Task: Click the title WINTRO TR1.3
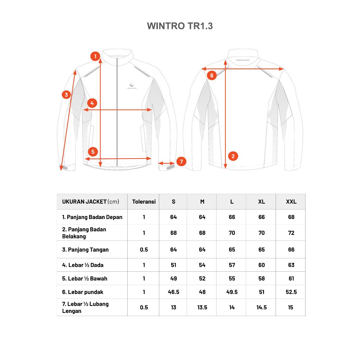pyautogui.click(x=180, y=26)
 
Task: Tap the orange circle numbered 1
pyautogui.click(x=95, y=56)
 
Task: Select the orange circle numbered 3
pyautogui.click(x=66, y=95)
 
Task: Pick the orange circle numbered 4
pyautogui.click(x=92, y=103)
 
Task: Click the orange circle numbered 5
pyautogui.click(x=93, y=152)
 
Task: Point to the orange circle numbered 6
pyautogui.click(x=212, y=75)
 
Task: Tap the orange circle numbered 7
pyautogui.click(x=181, y=161)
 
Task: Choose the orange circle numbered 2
pyautogui.click(x=233, y=156)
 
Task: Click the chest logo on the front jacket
pyautogui.click(x=132, y=86)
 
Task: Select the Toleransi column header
pyautogui.click(x=144, y=201)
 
